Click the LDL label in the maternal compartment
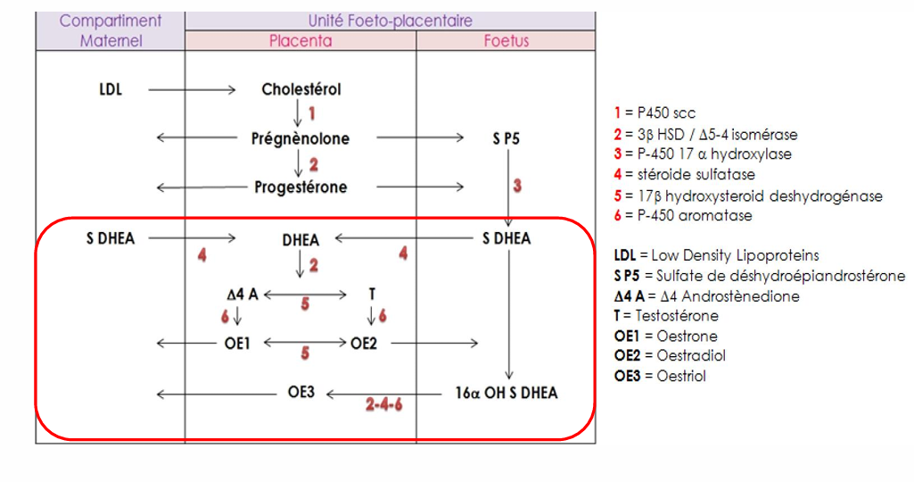point(111,89)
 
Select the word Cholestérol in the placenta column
point(301,89)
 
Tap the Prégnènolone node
point(301,138)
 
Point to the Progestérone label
point(301,187)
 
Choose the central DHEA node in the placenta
point(301,239)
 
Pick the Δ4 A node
point(242,294)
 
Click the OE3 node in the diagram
point(301,393)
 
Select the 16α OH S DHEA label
point(506,393)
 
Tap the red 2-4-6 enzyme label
point(384,404)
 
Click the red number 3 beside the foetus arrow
point(517,187)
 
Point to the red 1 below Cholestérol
point(312,113)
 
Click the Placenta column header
point(301,40)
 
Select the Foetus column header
point(506,40)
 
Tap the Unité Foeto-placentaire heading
point(391,20)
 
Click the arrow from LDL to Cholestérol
point(192,89)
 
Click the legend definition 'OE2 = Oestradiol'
point(671,355)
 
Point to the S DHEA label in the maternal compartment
point(111,238)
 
